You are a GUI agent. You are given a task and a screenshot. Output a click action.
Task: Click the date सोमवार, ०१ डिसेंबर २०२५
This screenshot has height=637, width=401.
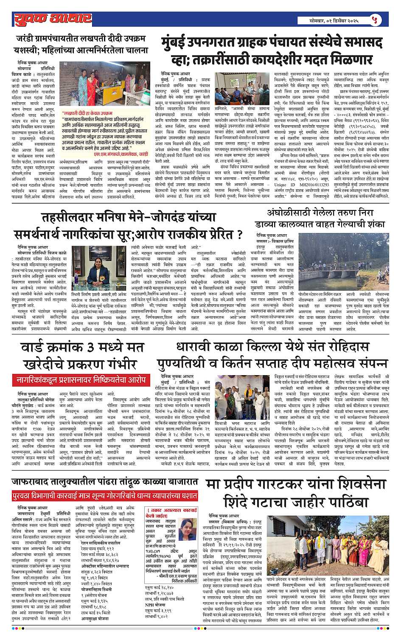click(x=334, y=20)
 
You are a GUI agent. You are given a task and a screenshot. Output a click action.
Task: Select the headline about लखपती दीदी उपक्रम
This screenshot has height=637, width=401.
click(x=82, y=44)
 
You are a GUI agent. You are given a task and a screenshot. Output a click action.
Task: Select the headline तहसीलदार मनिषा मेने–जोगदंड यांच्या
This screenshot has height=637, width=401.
click(x=129, y=218)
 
